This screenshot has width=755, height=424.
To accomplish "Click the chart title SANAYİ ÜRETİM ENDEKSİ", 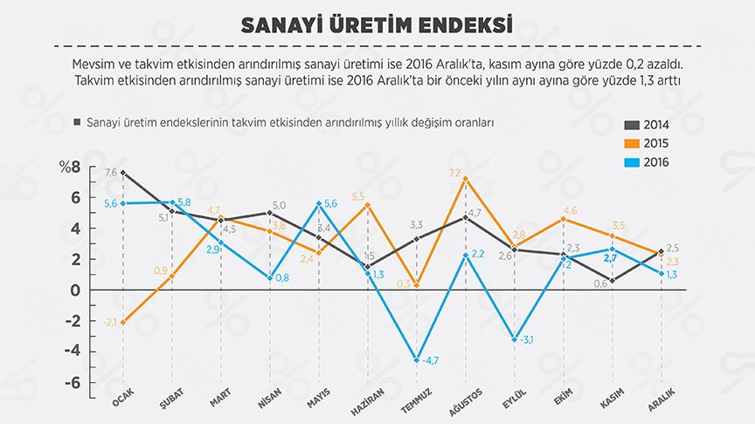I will [x=377, y=24].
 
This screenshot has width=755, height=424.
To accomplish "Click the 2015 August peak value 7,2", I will [x=454, y=173].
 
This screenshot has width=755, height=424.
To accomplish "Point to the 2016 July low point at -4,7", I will [x=417, y=359].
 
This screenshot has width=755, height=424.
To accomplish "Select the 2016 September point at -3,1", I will [x=514, y=339].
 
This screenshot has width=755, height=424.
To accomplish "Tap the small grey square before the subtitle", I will [x=78, y=123].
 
